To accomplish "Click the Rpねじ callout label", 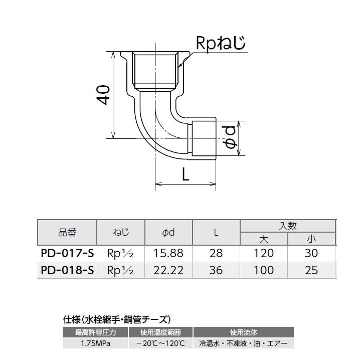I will [221, 44].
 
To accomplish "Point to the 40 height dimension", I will [104, 95].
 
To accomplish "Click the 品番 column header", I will [67, 232].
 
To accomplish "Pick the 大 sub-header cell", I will [264, 239].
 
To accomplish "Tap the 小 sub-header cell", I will [311, 239].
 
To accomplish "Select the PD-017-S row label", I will [67, 253].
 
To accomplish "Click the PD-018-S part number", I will [67, 271].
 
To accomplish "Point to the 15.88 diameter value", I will [168, 253].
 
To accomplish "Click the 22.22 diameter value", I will [168, 271].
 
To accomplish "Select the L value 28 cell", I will [216, 253].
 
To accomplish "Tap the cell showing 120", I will [264, 253].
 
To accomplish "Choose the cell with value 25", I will [311, 271].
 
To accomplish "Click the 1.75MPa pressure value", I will [95, 343].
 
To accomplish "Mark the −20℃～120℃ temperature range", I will [160, 343].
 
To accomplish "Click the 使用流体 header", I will [243, 332].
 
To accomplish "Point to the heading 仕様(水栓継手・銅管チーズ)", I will [117, 319].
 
